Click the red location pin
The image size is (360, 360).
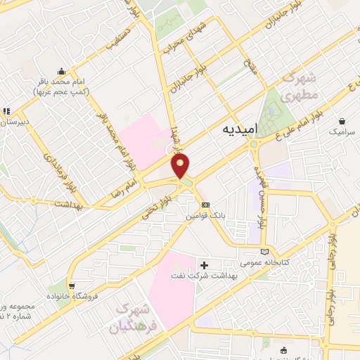(181, 166)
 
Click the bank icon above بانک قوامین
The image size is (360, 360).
(205, 204)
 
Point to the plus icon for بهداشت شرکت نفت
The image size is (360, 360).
(205, 265)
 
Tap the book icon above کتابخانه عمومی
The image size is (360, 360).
(264, 251)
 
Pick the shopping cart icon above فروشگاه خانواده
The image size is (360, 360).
(72, 285)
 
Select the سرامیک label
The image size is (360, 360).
(343, 132)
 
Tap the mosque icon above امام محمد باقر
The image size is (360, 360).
(62, 71)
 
